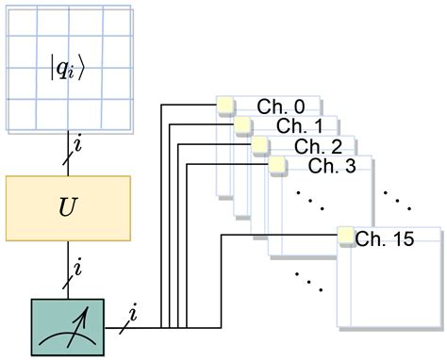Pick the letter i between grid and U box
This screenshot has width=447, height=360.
pos(77,146)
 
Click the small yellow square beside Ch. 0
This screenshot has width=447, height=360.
pos(225,106)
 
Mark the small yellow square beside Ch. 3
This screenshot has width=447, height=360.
pos(277,165)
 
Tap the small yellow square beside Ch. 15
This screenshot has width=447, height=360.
pos(345,235)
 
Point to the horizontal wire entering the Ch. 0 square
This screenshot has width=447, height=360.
pos(189,106)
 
